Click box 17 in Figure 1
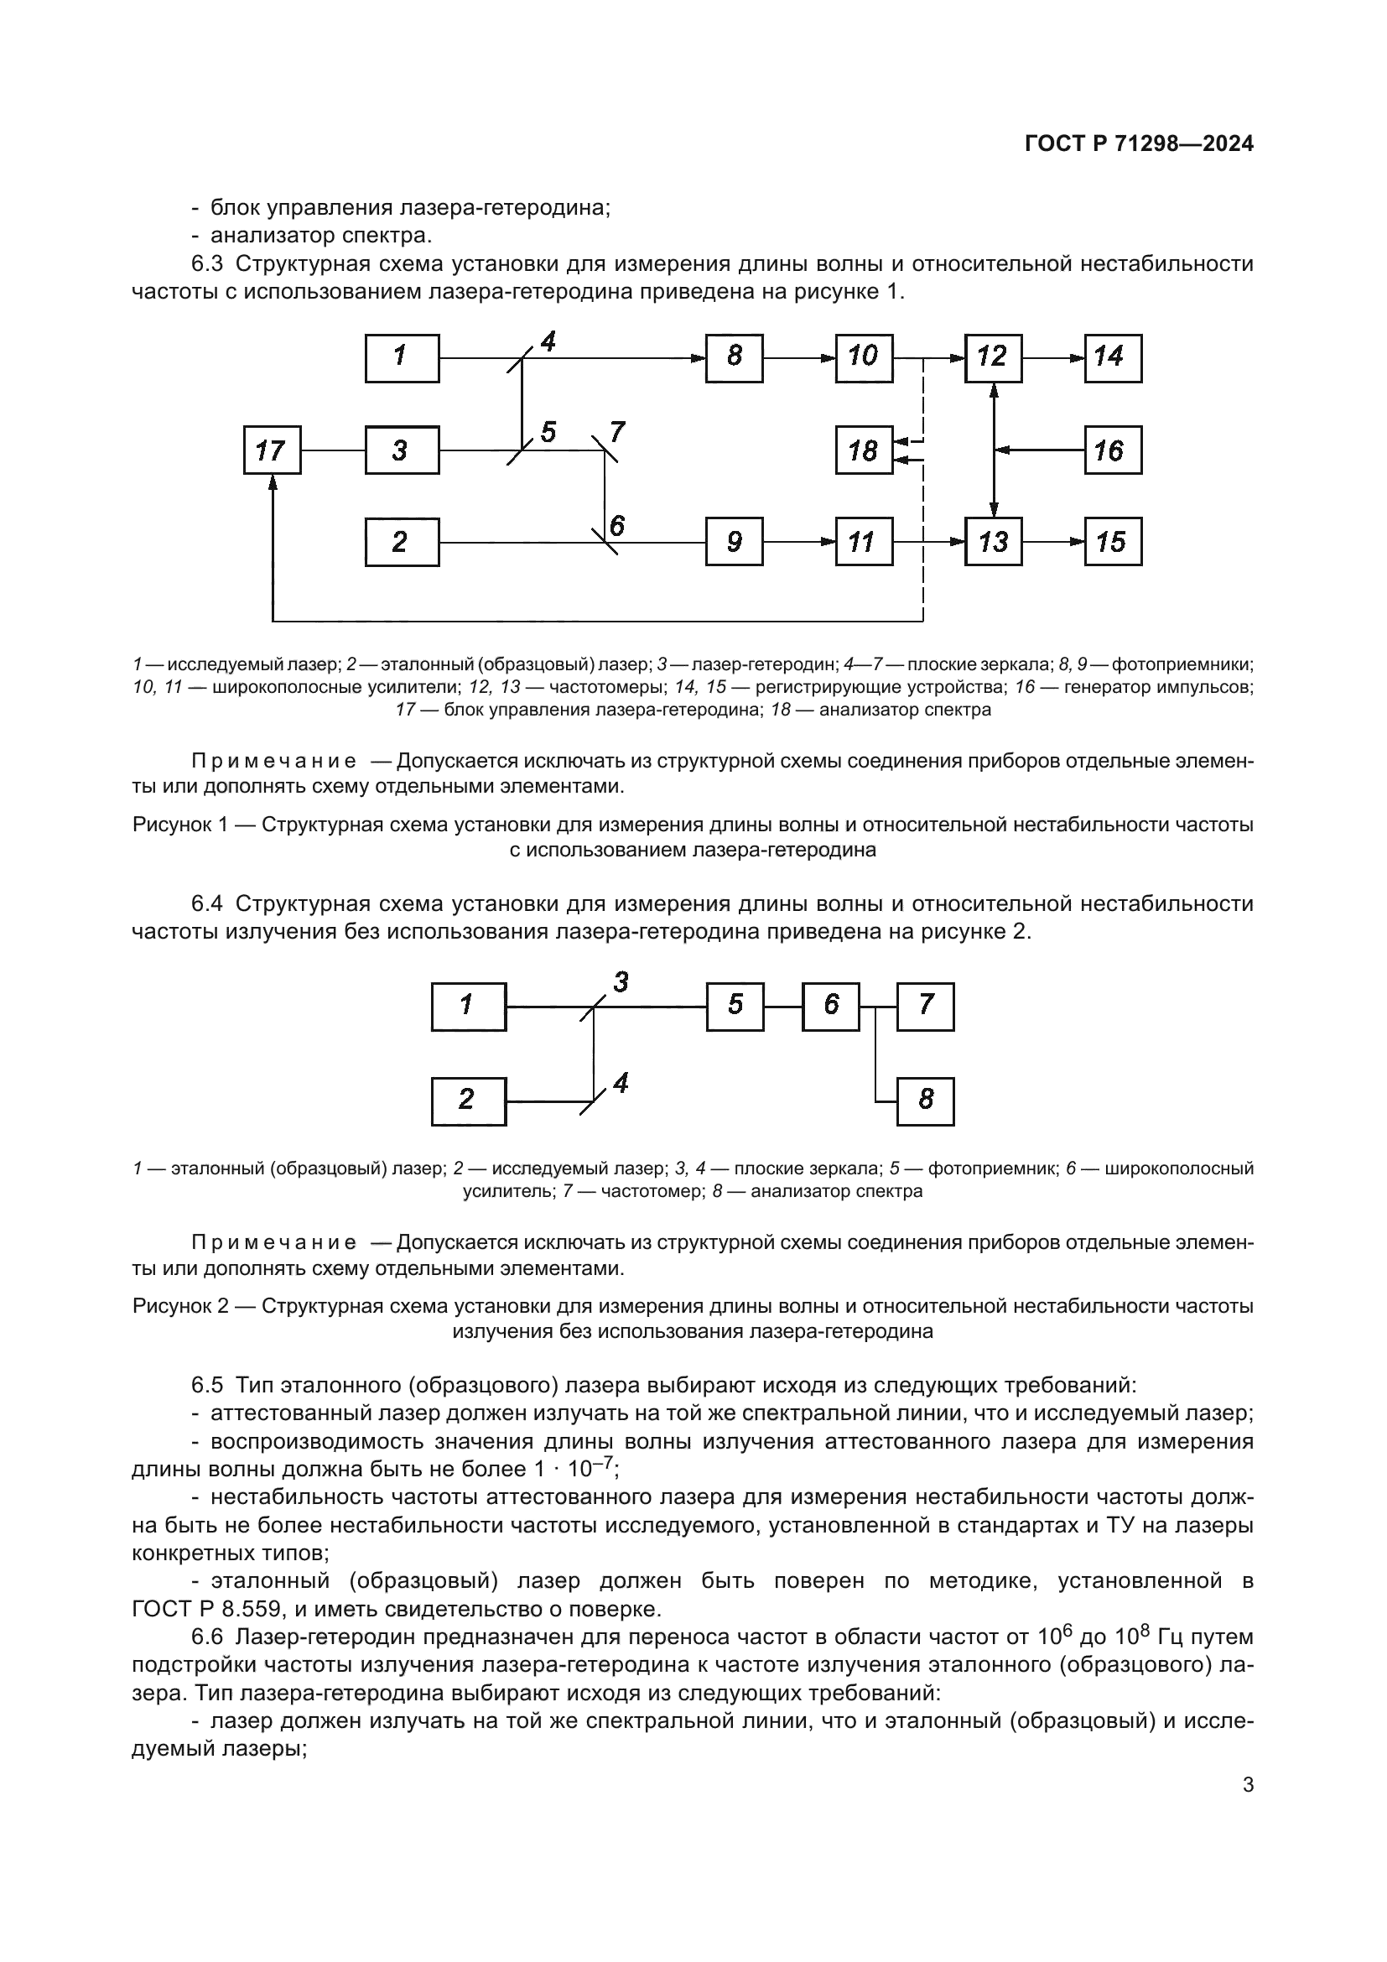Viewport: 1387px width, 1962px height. (x=272, y=450)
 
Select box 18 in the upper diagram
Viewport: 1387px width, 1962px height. (x=864, y=450)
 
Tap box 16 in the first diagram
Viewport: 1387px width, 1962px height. (x=1113, y=450)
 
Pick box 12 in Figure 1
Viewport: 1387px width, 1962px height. (x=993, y=358)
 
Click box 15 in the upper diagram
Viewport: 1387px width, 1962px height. (x=1113, y=542)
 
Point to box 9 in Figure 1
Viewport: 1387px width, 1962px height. (x=734, y=542)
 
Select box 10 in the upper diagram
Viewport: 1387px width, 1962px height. (x=864, y=358)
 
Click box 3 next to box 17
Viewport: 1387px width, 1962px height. (x=402, y=450)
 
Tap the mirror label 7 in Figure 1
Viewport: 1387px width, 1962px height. (x=617, y=432)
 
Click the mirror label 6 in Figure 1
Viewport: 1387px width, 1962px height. (x=616, y=524)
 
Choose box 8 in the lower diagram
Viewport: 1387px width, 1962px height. (x=926, y=1101)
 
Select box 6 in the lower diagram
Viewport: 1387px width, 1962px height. (x=830, y=1007)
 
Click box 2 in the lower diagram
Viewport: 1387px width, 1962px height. (x=468, y=1101)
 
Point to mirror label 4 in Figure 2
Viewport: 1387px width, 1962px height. (x=621, y=1084)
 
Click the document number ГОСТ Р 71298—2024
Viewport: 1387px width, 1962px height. (x=1139, y=144)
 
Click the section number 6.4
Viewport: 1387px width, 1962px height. (x=205, y=904)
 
